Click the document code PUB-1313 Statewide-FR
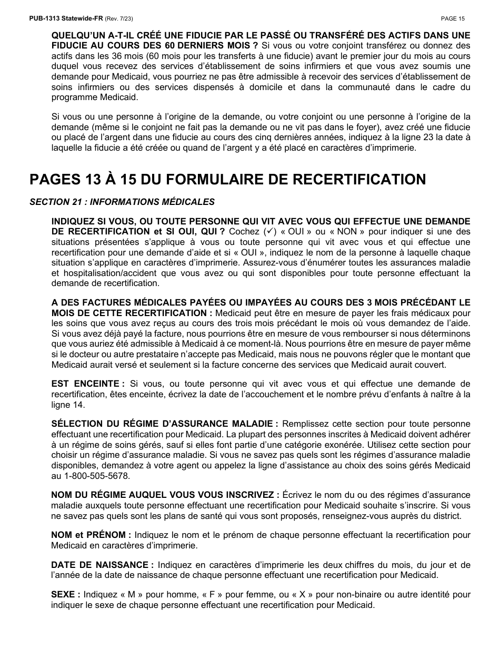[66, 18]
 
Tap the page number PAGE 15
[453, 18]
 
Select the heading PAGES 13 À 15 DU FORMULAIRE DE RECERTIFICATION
[227, 180]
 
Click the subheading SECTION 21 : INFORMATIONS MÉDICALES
[122, 202]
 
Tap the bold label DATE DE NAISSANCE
[102, 565]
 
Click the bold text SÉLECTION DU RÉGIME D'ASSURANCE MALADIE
[164, 424]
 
